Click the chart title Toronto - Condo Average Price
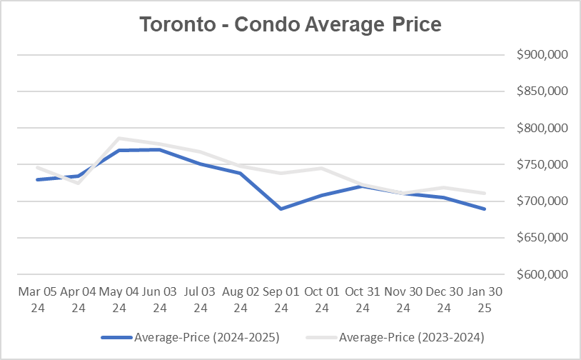tap(290, 24)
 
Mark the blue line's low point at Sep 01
tap(281, 209)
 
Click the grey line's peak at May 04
tap(118, 139)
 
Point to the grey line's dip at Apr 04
tap(78, 183)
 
